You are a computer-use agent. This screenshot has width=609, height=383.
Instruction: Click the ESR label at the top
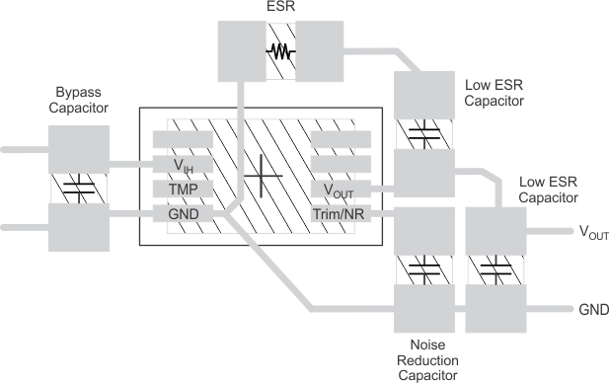pos(279,10)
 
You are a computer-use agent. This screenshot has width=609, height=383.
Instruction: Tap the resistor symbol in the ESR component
pos(280,52)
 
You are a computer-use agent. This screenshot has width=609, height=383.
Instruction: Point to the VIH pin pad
pos(183,164)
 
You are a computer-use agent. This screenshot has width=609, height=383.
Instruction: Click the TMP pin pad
pos(183,189)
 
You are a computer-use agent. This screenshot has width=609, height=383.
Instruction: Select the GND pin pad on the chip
pos(183,213)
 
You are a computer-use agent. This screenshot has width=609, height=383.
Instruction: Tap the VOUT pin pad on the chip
pos(340,189)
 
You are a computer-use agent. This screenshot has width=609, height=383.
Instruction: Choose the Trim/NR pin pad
pos(340,213)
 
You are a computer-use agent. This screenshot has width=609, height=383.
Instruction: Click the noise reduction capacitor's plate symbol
pos(423,267)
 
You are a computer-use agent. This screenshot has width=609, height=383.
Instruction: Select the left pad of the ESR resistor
pos(242,52)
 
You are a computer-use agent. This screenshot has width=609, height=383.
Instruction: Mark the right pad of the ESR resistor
pos(317,52)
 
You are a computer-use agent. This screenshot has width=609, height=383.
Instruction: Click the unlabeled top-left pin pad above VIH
pos(183,139)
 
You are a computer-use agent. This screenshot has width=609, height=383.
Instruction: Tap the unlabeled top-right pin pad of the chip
pos(340,139)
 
